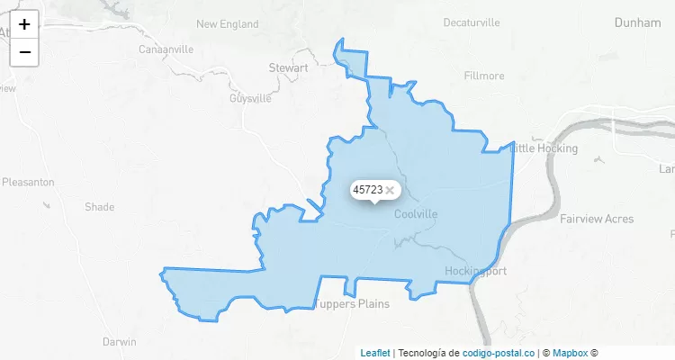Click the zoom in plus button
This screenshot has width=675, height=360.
point(24,24)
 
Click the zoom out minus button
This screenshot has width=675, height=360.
point(24,52)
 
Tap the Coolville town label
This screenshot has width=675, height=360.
point(416,214)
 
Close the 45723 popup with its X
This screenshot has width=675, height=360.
point(390,190)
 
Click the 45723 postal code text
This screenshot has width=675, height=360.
point(367,190)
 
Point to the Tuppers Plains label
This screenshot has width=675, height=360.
point(353,303)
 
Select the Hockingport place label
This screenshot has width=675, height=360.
point(476,271)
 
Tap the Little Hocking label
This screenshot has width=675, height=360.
point(545,148)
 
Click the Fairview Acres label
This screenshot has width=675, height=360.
point(596,219)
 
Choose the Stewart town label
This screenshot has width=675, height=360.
point(288,67)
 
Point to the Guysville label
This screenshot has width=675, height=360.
point(250,98)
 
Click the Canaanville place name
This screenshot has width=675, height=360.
point(166,49)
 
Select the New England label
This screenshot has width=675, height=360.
point(227,24)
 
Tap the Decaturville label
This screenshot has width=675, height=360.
point(471,22)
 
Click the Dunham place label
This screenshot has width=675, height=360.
point(637,22)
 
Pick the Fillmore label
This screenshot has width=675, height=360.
point(484,76)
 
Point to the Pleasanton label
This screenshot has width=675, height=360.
point(28,182)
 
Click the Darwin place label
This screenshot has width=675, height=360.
point(119,342)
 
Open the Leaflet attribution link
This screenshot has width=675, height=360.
point(375,354)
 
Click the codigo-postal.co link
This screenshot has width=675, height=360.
point(498,354)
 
